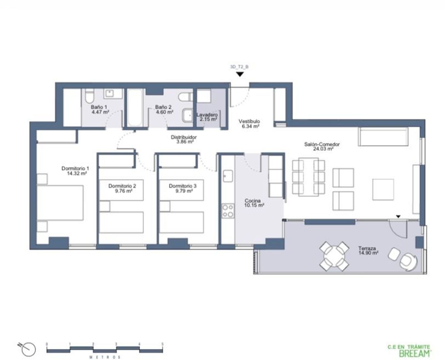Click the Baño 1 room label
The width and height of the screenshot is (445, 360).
[99, 107]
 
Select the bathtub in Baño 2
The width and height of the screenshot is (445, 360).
[135, 108]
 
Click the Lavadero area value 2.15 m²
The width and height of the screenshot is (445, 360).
[208, 120]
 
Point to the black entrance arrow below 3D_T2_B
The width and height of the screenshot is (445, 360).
[240, 74]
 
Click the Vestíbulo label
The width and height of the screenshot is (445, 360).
[249, 121]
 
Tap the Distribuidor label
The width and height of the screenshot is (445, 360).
[184, 137]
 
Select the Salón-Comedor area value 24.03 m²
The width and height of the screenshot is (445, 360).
[323, 149]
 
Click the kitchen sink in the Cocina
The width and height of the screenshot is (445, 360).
[228, 176]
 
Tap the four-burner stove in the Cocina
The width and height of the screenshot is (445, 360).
[228, 211]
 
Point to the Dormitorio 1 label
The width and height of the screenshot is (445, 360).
[75, 168]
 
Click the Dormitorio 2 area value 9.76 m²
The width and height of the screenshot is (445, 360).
[123, 191]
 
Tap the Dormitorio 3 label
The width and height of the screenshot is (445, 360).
[182, 186]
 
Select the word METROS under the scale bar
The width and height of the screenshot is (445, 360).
[105, 357]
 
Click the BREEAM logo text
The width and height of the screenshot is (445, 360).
[415, 353]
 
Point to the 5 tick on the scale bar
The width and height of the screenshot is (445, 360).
[162, 344]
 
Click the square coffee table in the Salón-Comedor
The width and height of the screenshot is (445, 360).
[383, 189]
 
